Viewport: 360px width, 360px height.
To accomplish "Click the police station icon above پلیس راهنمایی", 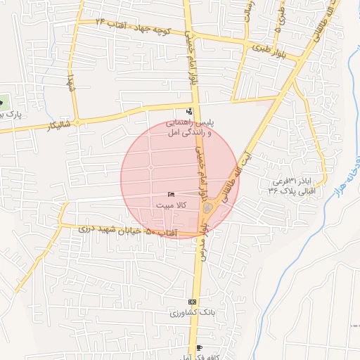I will coord(188,110).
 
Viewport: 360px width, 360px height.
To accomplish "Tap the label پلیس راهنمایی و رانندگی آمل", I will coord(188,127).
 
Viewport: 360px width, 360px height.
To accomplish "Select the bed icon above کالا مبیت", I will coord(170,194).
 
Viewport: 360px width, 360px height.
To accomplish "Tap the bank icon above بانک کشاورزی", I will coord(192,302).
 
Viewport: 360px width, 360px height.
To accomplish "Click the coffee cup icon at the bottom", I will coord(199,348).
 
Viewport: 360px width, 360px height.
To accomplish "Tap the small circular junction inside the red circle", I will coord(150,168).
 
